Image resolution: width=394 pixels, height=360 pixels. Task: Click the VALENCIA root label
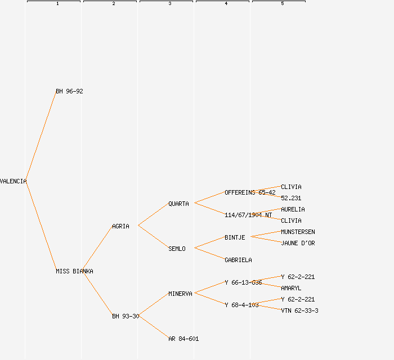[x=13, y=181]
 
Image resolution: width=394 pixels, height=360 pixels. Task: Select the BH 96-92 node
[x=69, y=91]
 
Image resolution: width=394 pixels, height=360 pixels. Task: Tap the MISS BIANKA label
[x=74, y=271]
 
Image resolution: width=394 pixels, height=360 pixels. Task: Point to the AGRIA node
[x=120, y=226]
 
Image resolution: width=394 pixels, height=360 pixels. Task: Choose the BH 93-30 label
[x=125, y=316]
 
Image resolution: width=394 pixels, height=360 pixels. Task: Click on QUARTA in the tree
[x=178, y=204]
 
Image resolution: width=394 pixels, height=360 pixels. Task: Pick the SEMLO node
[x=177, y=249]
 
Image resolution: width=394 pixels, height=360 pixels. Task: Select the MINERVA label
[x=180, y=294]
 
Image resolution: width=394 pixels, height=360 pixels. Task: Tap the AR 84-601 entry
[x=183, y=339]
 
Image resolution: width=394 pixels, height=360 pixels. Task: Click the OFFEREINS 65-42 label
[x=250, y=192]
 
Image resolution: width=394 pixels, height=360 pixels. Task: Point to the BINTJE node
[x=235, y=237]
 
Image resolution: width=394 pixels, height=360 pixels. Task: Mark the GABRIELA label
[x=238, y=260]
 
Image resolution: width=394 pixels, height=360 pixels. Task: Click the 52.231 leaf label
[x=291, y=198]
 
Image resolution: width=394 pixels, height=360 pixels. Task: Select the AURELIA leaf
[x=293, y=209]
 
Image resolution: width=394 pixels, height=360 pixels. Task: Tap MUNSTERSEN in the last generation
[x=298, y=232]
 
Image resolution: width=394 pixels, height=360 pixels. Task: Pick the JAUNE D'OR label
[x=298, y=243]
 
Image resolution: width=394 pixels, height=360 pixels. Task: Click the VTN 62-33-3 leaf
[x=299, y=310]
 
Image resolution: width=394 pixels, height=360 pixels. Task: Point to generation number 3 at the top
[x=170, y=3]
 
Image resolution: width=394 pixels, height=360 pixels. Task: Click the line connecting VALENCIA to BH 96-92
[x=41, y=136]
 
